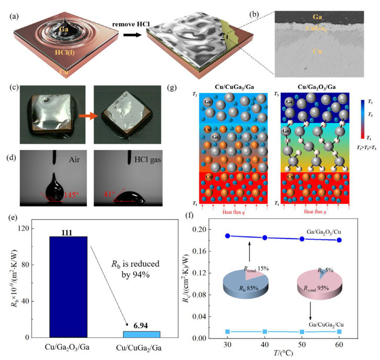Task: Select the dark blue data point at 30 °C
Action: (x=228, y=236)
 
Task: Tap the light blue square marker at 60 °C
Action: (x=339, y=331)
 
